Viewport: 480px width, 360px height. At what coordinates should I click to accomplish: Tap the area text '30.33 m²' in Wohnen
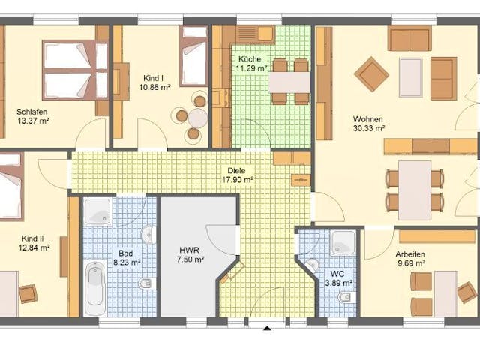[x=369, y=128]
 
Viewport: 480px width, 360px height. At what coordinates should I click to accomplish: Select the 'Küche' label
[x=250, y=58]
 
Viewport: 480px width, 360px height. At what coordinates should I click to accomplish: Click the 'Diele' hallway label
[x=237, y=170]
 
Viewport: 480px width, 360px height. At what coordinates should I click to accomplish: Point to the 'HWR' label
[x=189, y=250]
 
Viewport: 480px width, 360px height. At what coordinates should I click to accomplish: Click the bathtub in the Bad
[x=94, y=288]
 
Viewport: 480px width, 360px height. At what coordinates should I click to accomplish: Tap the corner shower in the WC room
[x=343, y=242]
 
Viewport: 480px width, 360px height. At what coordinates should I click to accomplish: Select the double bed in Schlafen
[x=75, y=69]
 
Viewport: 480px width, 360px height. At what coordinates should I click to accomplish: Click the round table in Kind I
[x=197, y=118]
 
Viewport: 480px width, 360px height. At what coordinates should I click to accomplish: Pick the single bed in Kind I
[x=193, y=56]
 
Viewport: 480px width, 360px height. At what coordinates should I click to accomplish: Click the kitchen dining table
[x=289, y=81]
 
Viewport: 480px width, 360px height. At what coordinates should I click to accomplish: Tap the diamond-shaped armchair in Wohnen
[x=371, y=73]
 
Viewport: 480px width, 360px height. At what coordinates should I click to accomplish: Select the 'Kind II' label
[x=34, y=237]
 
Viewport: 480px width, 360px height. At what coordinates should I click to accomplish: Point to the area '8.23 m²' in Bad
[x=127, y=262]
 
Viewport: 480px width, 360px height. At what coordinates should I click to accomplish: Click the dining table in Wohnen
[x=415, y=189]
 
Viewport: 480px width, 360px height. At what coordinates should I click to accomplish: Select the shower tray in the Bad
[x=97, y=211]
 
